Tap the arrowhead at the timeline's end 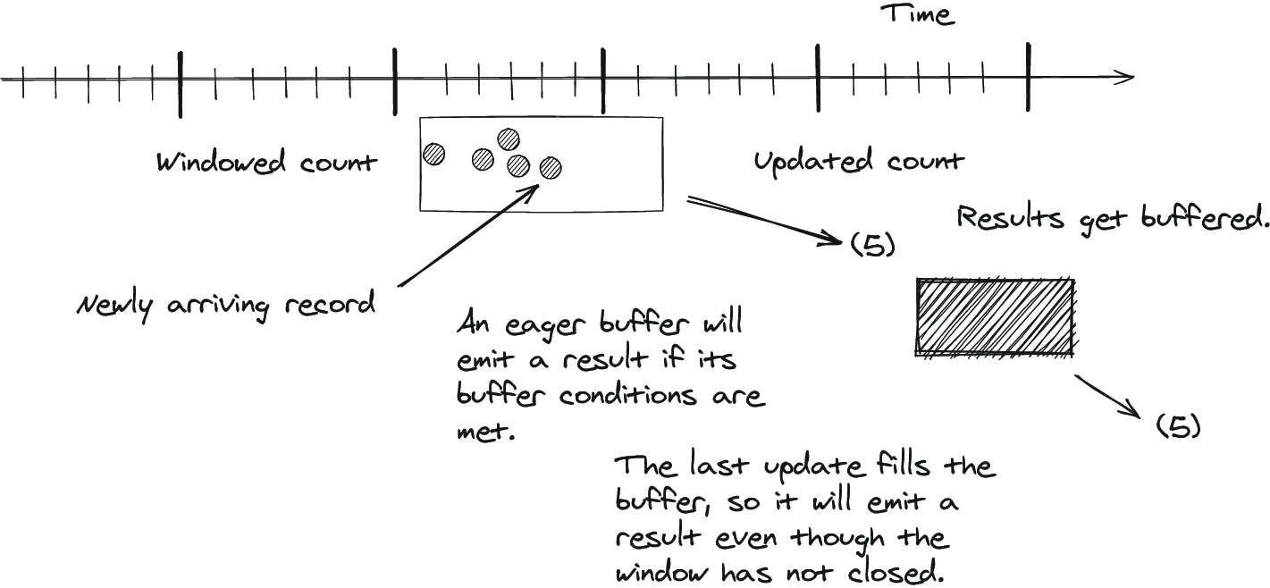click(x=1125, y=77)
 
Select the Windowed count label click(x=266, y=162)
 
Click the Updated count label click(x=859, y=162)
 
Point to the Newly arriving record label click(x=225, y=305)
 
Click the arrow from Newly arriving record click(x=467, y=235)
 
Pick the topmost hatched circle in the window click(x=509, y=139)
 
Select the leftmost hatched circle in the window click(x=434, y=154)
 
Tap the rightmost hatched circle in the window click(x=551, y=168)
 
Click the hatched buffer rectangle click(x=996, y=317)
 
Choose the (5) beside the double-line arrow click(x=873, y=245)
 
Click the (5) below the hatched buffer click(x=1179, y=426)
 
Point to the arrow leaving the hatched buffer click(x=1107, y=397)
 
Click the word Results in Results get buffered click(x=1010, y=218)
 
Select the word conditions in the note click(x=627, y=395)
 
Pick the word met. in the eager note click(x=486, y=432)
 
